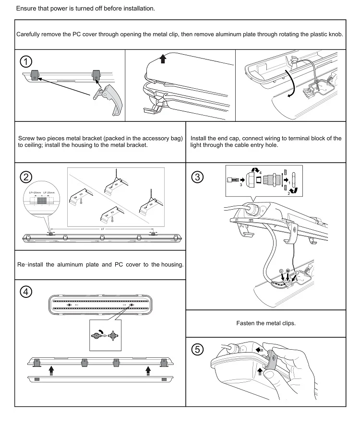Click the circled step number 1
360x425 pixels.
pyautogui.click(x=26, y=61)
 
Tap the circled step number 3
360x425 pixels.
pyautogui.click(x=197, y=177)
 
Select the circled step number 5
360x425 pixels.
pyautogui.click(x=197, y=349)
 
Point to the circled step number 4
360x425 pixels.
pyautogui.click(x=26, y=292)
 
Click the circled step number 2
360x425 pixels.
pyautogui.click(x=26, y=177)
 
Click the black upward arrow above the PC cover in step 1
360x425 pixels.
pyautogui.click(x=164, y=59)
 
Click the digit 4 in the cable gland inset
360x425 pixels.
pyautogui.click(x=260, y=173)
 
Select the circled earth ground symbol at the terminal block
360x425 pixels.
pyautogui.click(x=288, y=271)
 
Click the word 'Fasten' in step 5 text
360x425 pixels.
pyautogui.click(x=246, y=323)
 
